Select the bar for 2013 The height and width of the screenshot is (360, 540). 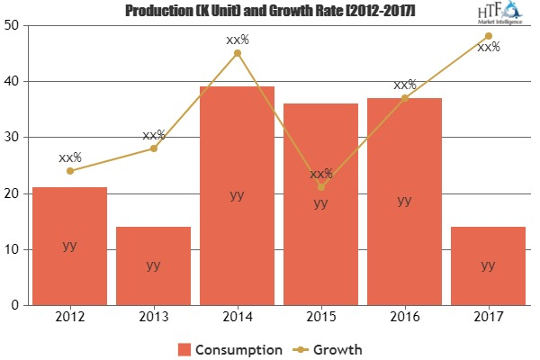153,265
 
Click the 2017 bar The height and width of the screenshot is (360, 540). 488,265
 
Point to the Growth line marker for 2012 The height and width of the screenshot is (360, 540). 69,171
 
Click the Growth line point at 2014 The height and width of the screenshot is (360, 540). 237,53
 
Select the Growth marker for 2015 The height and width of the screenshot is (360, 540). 320,187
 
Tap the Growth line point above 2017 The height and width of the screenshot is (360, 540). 488,36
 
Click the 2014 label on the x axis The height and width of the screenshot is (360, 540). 237,317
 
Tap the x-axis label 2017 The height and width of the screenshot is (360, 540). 488,317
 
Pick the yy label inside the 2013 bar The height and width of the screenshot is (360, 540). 153,265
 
